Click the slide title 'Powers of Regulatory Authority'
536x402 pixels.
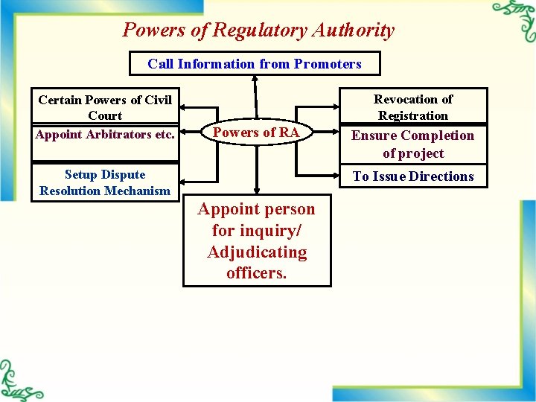point(258,31)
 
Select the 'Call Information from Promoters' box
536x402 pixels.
point(255,63)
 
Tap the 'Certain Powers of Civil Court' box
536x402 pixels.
point(105,107)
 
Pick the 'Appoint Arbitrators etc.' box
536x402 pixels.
point(105,135)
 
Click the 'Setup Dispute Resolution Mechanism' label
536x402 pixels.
point(105,182)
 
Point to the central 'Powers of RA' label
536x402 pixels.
point(256,133)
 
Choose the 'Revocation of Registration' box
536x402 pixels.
point(412,107)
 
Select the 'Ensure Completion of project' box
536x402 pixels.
point(412,144)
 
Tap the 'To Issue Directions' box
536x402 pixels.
point(412,176)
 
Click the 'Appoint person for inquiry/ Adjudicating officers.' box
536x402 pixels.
point(257,240)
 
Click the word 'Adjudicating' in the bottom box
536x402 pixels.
point(257,252)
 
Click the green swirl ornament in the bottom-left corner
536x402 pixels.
point(19,381)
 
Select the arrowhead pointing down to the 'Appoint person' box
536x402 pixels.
point(256,191)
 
